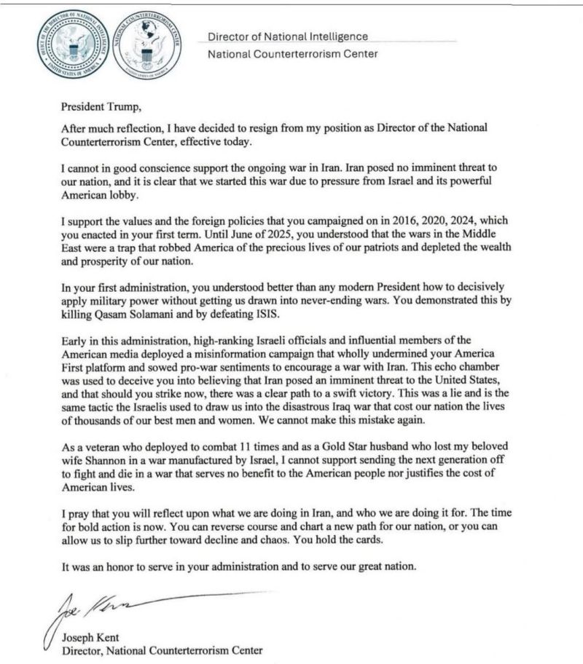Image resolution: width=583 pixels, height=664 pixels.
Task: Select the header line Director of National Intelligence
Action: coord(288,36)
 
